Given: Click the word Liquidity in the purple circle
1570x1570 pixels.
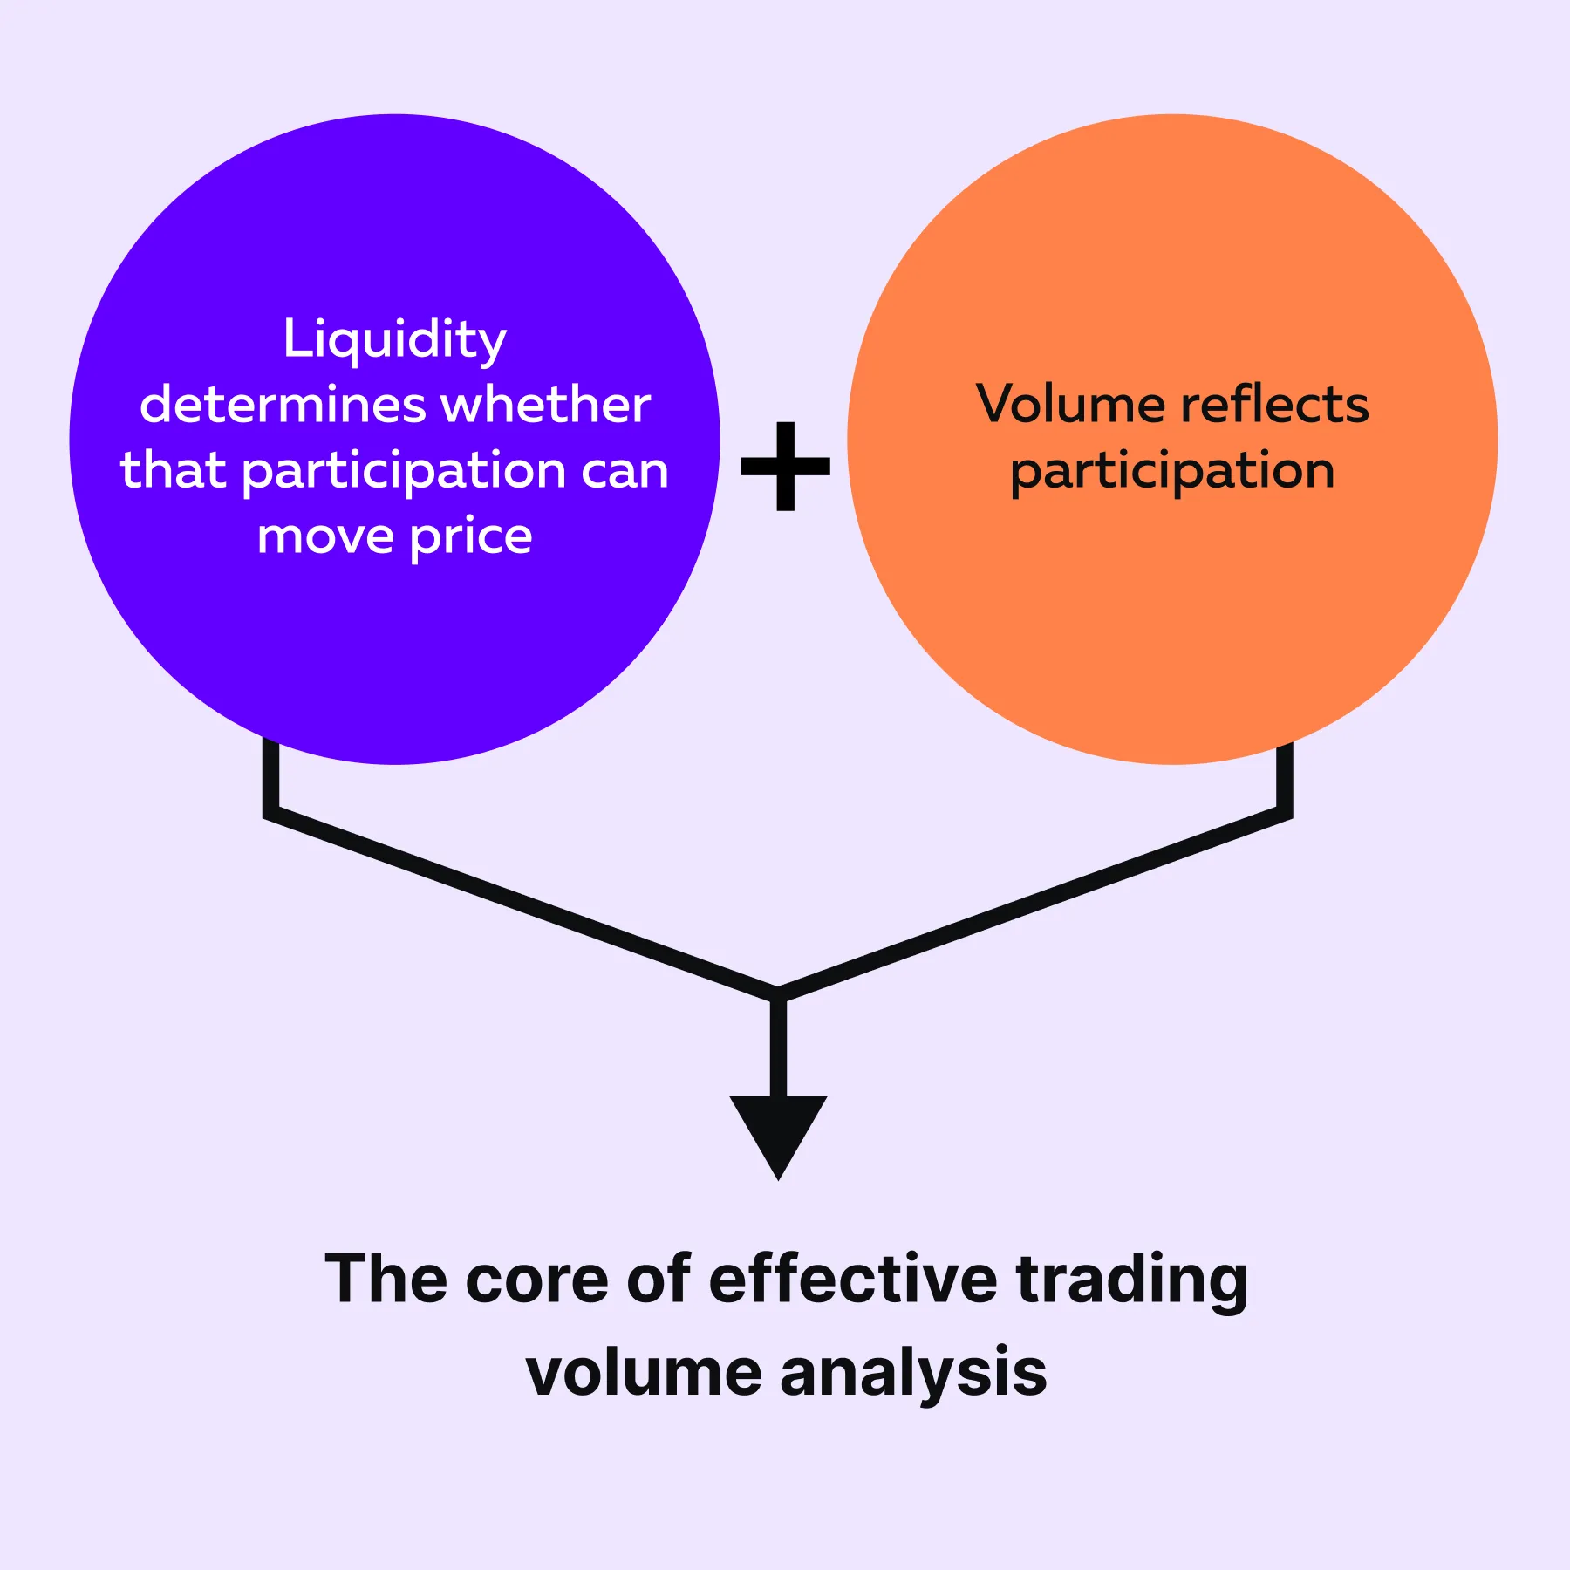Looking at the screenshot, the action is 394,340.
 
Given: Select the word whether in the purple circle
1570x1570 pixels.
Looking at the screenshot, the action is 546,405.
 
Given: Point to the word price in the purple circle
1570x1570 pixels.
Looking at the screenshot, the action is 470,537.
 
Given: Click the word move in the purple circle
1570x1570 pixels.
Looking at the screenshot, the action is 325,537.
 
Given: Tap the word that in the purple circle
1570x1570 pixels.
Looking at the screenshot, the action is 174,470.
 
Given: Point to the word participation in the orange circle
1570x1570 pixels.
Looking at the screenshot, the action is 1172,472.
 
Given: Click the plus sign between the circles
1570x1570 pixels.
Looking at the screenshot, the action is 785,466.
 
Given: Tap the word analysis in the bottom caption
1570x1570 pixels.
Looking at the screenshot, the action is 913,1372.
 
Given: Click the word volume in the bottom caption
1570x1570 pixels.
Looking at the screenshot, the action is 644,1372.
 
